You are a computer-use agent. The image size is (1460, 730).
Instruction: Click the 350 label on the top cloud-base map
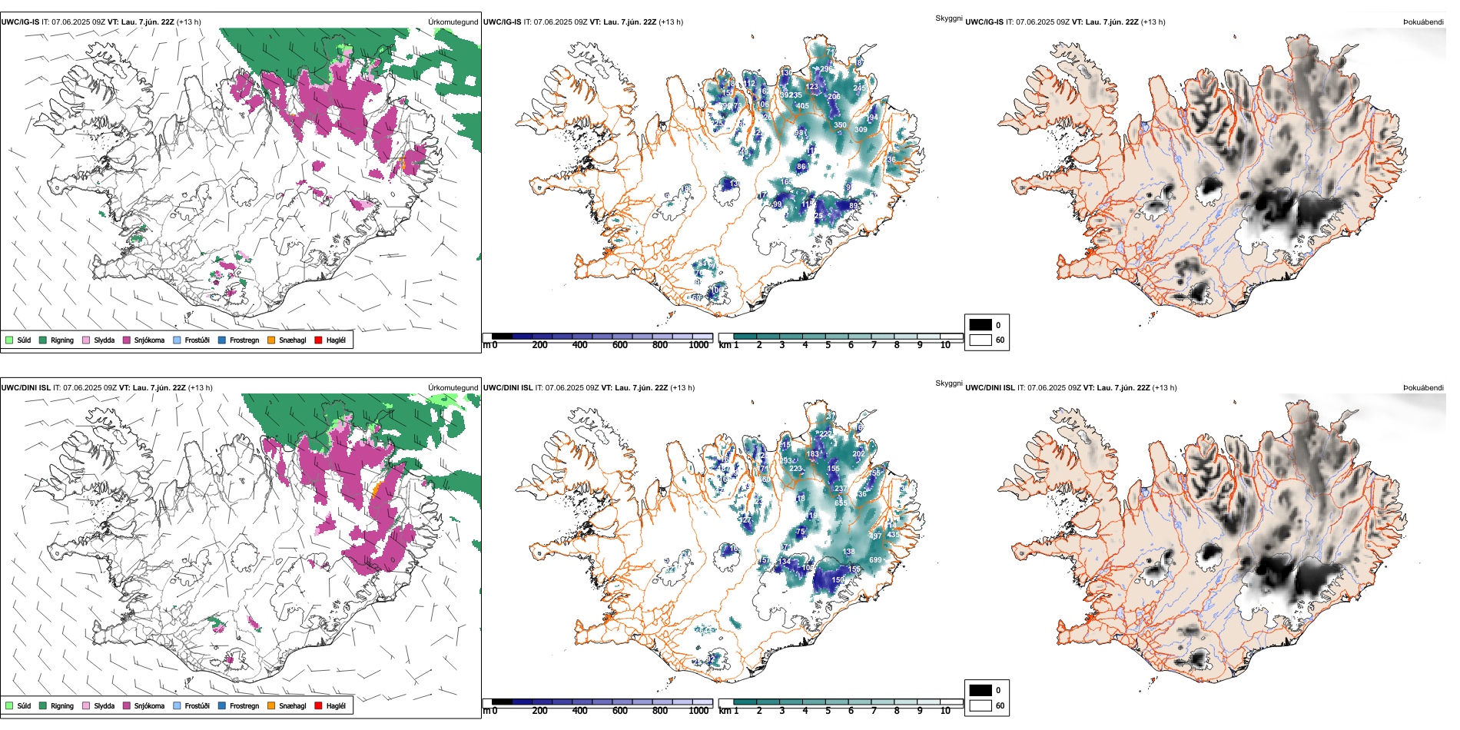click(840, 124)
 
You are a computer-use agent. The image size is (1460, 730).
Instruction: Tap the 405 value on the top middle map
click(802, 106)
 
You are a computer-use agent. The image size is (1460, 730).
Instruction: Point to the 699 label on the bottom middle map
click(875, 560)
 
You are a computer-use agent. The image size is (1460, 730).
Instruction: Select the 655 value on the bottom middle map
click(841, 503)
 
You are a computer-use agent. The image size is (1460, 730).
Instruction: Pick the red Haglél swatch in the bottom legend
click(318, 705)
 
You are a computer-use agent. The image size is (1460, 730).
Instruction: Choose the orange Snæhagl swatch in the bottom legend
click(271, 705)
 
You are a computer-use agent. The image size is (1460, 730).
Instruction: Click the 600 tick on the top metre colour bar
click(619, 345)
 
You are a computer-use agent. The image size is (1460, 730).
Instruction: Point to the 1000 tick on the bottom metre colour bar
click(698, 711)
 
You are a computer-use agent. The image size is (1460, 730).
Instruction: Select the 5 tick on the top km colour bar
click(828, 345)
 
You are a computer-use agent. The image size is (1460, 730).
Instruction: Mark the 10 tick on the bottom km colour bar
click(945, 711)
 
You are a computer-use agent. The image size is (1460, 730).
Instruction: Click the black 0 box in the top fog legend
click(981, 325)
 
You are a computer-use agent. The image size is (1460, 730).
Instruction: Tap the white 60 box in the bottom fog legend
click(981, 705)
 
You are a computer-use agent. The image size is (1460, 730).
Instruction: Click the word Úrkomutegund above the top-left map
click(453, 22)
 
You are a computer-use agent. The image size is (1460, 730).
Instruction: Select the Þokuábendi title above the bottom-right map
click(1423, 388)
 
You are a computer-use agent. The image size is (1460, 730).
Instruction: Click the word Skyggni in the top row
click(948, 18)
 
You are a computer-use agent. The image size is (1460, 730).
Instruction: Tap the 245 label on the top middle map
click(859, 88)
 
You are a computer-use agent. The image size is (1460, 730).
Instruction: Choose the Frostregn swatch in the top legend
click(222, 340)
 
